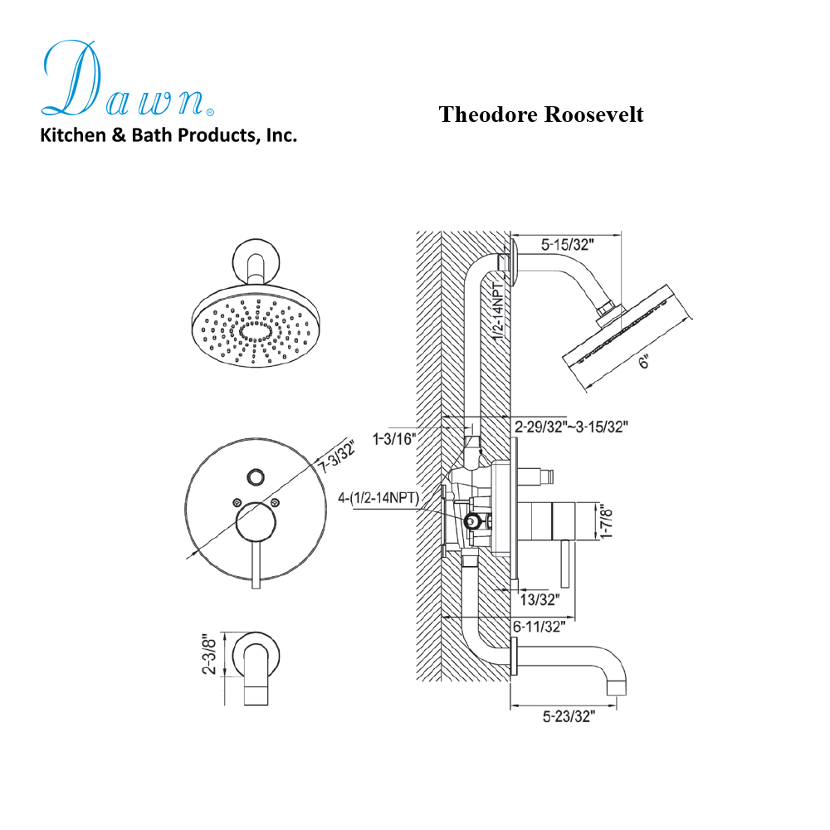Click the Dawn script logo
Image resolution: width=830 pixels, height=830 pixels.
point(124,79)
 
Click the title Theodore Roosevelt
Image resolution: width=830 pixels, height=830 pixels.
point(540,115)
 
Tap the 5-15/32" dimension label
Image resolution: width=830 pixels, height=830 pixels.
point(569,246)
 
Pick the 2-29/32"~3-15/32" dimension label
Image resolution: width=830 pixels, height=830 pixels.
point(571,427)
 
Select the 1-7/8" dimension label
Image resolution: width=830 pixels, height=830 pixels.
point(608,524)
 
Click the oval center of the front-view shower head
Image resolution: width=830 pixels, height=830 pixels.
point(256,333)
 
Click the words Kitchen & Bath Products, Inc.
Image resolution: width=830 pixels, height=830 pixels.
point(168,135)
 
